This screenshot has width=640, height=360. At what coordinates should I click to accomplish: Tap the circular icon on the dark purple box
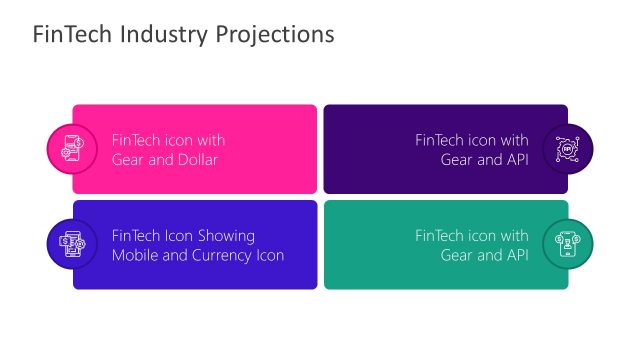point(568,149)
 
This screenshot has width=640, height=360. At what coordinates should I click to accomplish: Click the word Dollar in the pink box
point(196,160)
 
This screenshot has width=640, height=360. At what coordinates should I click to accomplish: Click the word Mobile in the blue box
point(135,256)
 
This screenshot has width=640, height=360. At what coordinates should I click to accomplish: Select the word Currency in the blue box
point(221,256)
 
